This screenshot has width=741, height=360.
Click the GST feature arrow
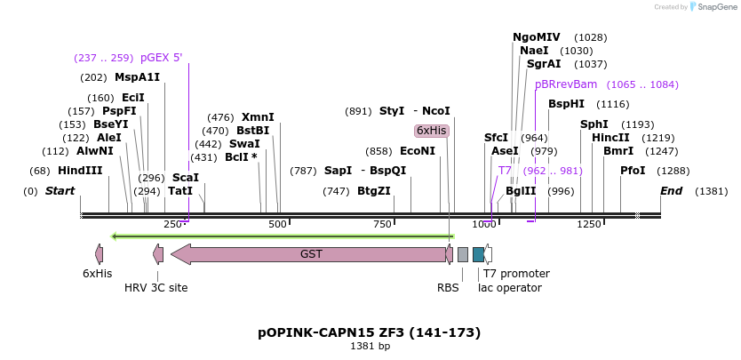pyautogui.click(x=311, y=254)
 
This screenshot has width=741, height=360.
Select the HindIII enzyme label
pyautogui.click(x=80, y=171)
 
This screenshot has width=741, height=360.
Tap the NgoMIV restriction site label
pyautogui.click(x=537, y=37)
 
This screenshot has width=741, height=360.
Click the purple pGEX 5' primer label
pyautogui.click(x=161, y=58)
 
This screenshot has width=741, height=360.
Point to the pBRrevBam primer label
pyautogui.click(x=566, y=84)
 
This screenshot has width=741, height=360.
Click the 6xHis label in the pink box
pyautogui.click(x=432, y=131)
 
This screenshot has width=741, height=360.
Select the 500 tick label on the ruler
pyautogui.click(x=277, y=225)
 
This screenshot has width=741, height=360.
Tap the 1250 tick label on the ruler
pyautogui.click(x=589, y=225)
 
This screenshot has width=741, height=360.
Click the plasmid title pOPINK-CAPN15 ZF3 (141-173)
pyautogui.click(x=370, y=332)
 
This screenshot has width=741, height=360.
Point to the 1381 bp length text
pyautogui.click(x=370, y=347)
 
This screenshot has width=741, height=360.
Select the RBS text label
pyautogui.click(x=448, y=288)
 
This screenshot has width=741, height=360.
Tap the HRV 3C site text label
pyautogui.click(x=155, y=288)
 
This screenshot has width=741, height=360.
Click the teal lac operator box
pyautogui.click(x=478, y=254)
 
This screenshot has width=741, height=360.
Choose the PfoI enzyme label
pyautogui.click(x=633, y=171)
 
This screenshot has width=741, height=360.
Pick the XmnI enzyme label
pyautogui.click(x=258, y=117)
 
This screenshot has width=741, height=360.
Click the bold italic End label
pyautogui.click(x=671, y=191)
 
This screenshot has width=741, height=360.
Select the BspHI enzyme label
pyautogui.click(x=565, y=104)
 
